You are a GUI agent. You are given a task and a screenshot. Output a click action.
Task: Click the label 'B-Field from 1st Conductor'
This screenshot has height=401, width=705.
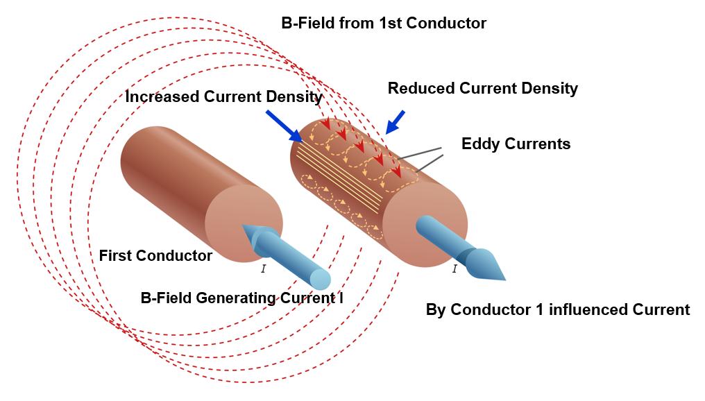[384, 23]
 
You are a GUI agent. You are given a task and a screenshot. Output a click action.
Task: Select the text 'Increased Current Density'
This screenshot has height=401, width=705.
[223, 96]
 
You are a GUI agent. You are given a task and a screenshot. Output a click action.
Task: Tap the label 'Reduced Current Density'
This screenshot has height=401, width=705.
[482, 88]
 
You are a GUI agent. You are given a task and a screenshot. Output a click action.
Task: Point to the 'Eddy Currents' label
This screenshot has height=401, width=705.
[516, 144]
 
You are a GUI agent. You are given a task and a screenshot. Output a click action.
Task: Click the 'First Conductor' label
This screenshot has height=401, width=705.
[155, 255]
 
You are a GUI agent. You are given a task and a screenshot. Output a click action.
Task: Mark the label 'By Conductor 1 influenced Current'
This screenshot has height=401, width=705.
[558, 309]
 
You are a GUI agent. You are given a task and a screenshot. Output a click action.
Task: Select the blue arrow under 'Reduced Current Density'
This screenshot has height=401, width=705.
[396, 121]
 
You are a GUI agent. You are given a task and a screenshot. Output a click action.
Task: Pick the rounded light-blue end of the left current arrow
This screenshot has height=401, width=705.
[320, 279]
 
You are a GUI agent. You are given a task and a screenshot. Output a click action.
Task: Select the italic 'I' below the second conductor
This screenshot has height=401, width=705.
[455, 268]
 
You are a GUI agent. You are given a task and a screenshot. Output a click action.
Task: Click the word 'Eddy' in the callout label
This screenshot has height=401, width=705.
[479, 144]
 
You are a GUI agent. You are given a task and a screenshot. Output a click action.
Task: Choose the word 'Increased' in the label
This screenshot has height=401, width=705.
[158, 96]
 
